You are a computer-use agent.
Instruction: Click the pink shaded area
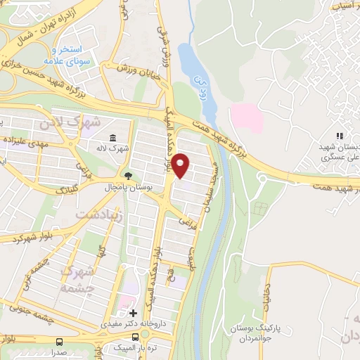(247, 117)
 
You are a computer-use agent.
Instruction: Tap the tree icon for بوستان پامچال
(128, 176)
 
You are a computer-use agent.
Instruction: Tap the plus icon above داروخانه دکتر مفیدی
(133, 312)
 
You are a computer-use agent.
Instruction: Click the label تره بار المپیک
(145, 347)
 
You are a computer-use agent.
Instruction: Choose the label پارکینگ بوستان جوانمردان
(256, 330)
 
